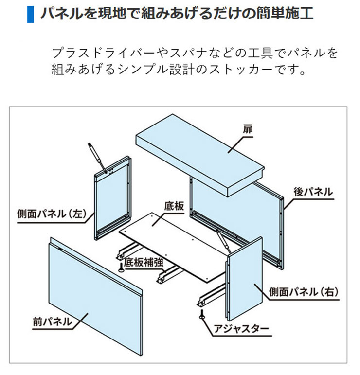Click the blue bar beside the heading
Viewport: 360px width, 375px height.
30,15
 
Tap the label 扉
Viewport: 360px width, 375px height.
247,129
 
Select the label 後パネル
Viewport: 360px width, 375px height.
313,192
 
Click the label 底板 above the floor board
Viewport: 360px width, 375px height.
174,206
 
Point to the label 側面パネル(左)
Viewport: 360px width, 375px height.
52,214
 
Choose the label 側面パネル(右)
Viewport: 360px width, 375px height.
304,292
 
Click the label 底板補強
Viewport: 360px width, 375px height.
144,262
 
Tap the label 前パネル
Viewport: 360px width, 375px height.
52,321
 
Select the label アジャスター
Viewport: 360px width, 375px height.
241,329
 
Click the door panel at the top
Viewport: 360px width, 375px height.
200,155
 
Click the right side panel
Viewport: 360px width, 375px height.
245,279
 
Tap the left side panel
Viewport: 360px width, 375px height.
113,198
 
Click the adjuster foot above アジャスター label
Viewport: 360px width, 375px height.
202,314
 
